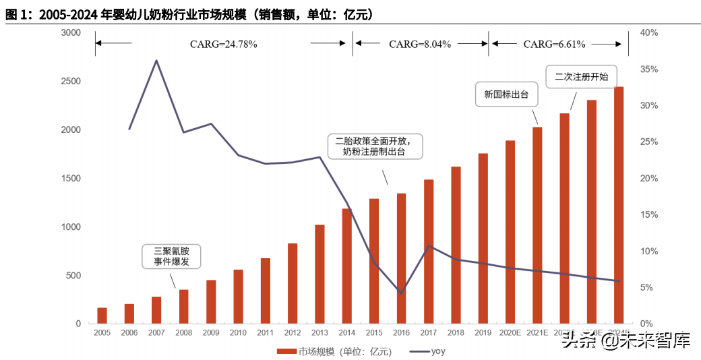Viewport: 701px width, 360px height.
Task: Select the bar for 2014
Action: [x=346, y=266]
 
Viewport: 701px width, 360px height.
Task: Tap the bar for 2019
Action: [x=483, y=239]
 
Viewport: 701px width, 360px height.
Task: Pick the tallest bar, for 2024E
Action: [x=619, y=205]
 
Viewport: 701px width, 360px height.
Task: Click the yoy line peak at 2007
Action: [x=156, y=61]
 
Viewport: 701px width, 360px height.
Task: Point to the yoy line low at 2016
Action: [x=401, y=293]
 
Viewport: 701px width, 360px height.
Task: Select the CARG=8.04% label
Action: [x=420, y=44]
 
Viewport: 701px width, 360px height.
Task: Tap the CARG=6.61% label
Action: [x=554, y=44]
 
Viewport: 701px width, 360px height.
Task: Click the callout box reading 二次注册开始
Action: [x=581, y=77]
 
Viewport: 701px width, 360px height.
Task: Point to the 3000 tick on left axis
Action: [x=71, y=33]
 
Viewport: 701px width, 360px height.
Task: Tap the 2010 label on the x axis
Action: [x=238, y=332]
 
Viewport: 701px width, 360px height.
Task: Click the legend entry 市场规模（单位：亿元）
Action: [x=334, y=351]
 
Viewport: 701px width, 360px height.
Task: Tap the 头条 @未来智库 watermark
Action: [x=626, y=341]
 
